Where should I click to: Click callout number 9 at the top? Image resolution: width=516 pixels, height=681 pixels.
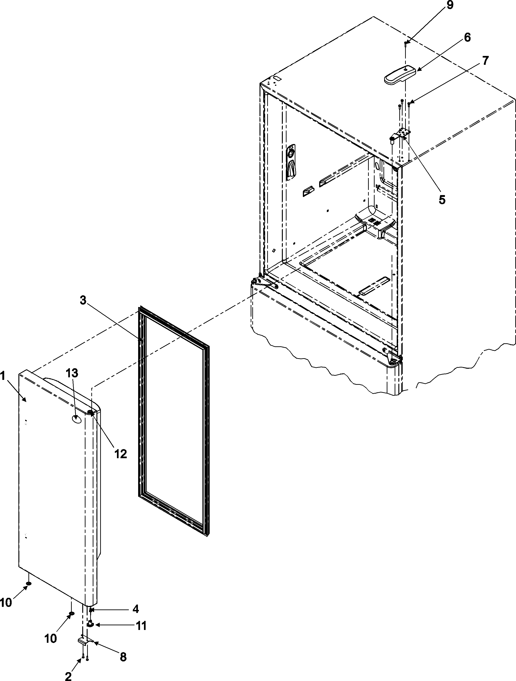coord(450,6)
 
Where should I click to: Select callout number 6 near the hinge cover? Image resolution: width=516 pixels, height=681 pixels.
coord(467,38)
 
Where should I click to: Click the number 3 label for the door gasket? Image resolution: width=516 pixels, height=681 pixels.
coord(83,300)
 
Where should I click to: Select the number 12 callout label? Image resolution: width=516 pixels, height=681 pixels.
coord(121,454)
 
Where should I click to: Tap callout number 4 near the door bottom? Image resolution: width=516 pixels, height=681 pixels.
coord(135,609)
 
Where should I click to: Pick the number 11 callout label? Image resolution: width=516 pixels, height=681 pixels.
coord(141,626)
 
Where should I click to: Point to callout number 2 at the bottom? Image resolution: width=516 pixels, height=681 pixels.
coord(68,676)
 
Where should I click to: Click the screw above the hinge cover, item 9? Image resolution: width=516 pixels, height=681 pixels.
coord(406,44)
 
